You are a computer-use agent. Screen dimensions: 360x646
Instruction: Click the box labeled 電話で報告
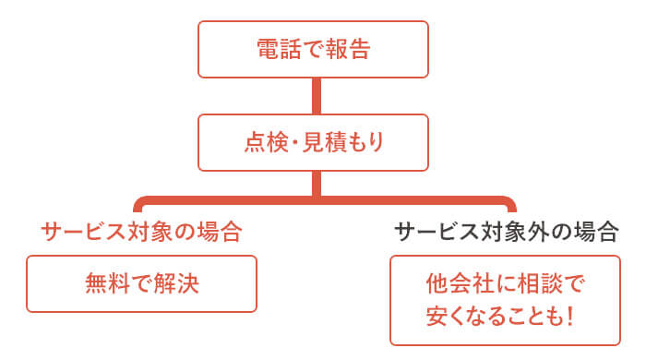[x=314, y=50]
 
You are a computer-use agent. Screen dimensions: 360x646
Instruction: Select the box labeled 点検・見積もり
[x=314, y=142]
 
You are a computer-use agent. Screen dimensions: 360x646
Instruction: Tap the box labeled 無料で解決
[x=141, y=283]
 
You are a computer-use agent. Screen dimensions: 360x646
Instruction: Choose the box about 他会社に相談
[x=506, y=299]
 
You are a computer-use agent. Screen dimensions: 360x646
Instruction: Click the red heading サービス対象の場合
[x=141, y=232]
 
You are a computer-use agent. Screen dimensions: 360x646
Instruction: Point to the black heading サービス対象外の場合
[x=506, y=232]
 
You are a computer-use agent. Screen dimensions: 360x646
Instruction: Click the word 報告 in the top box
[x=351, y=50]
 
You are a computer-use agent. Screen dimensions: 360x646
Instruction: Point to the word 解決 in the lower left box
[x=179, y=283]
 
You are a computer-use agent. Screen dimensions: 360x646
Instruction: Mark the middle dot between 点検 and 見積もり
[x=287, y=143]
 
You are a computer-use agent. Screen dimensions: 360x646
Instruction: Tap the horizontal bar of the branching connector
[x=323, y=200]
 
